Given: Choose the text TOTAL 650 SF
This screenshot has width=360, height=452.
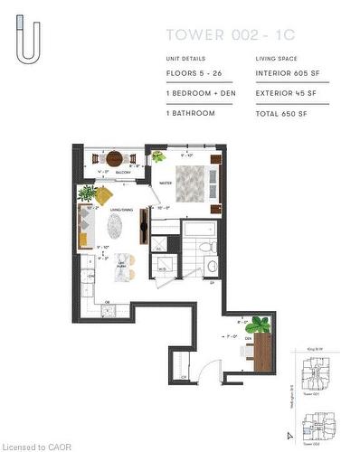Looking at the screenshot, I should (283, 113).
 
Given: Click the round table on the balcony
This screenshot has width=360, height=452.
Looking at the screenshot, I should (114, 159).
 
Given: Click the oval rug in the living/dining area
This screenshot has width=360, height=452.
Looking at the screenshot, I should (115, 224).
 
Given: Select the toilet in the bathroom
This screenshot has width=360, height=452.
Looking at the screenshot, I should (206, 246).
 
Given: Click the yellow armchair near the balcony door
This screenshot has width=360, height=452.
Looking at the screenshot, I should (104, 195).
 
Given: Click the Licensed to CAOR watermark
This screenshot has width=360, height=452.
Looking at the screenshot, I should (36, 446).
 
